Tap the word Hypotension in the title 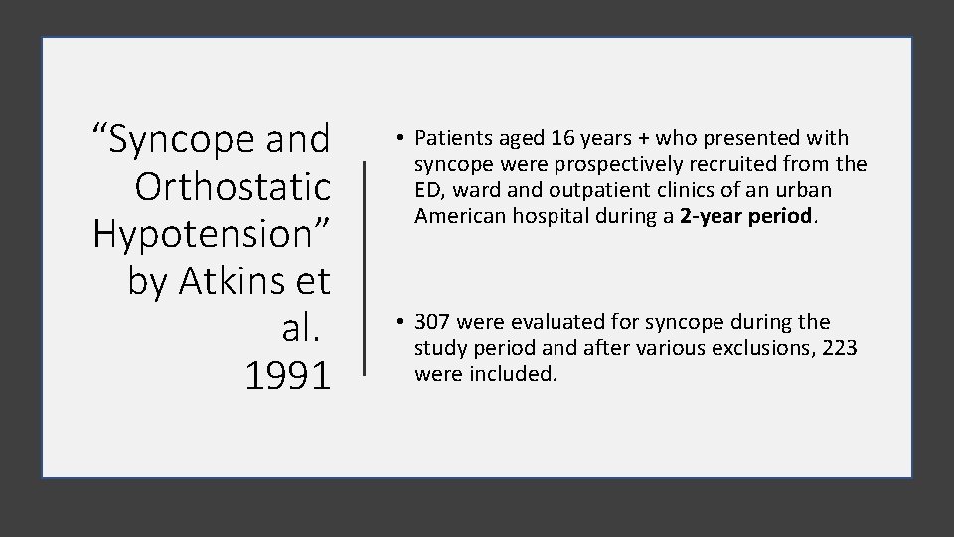coord(212,234)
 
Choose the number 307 coord(431,322)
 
